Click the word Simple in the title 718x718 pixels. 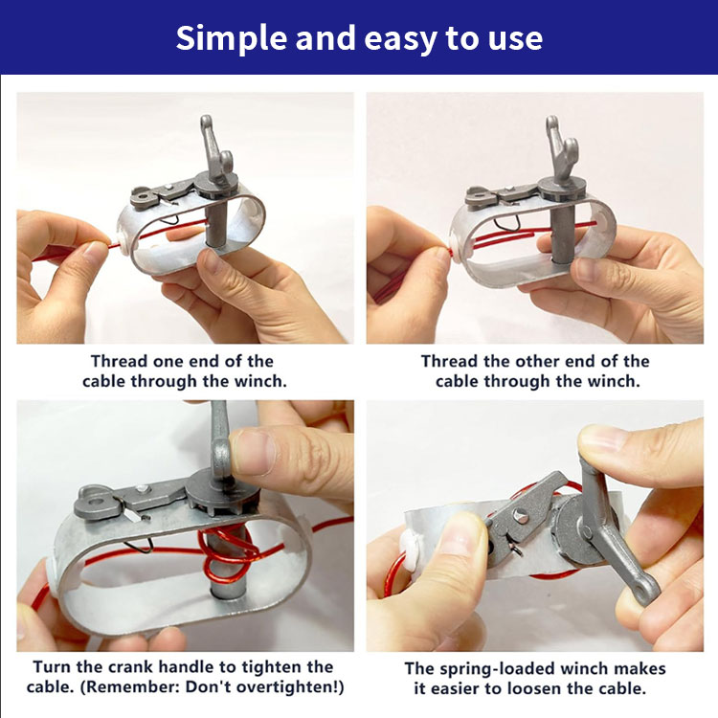tap(232, 39)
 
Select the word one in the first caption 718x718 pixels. tap(168, 361)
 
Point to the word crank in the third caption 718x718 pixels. tap(130, 666)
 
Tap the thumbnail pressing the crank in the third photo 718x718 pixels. tap(254, 452)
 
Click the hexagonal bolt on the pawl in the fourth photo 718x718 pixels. tap(521, 518)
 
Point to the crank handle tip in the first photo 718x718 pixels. tap(206, 123)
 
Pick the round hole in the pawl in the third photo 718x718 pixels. tap(96, 502)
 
